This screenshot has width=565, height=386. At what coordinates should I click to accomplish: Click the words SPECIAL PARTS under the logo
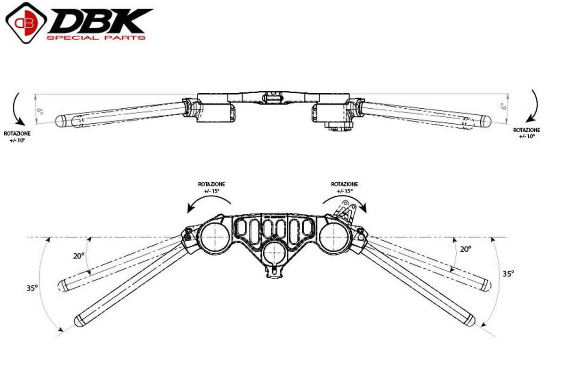(x=96, y=37)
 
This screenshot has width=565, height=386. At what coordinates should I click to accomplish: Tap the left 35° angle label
(x=32, y=289)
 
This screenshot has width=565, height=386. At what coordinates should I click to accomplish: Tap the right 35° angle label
(x=507, y=273)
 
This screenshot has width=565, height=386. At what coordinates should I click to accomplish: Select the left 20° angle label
(x=79, y=256)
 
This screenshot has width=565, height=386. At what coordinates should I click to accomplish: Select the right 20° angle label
(x=465, y=249)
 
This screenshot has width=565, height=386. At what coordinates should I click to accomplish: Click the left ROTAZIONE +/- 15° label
(x=211, y=187)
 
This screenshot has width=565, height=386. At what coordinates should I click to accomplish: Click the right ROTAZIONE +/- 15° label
(x=344, y=187)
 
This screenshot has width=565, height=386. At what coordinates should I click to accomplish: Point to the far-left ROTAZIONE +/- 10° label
(x=17, y=137)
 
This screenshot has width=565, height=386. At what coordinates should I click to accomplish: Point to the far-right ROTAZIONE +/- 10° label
(x=526, y=133)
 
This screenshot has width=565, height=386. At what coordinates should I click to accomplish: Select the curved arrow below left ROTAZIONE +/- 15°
(x=209, y=204)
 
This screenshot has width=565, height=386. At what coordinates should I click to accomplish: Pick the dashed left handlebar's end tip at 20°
(x=63, y=285)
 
